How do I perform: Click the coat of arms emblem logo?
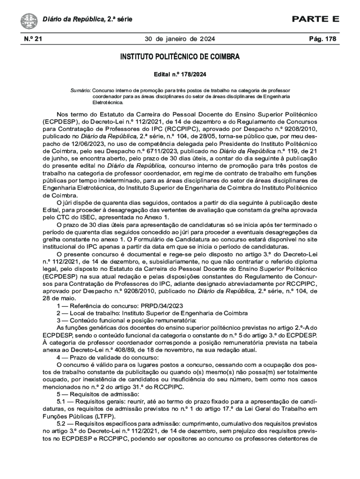coord(29,21)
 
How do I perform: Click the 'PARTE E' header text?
coord(316,19)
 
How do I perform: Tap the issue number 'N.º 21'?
coord(32,39)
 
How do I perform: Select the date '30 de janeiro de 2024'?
coord(180,39)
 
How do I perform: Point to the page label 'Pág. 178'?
coord(323,39)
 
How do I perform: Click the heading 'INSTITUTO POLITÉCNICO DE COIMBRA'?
coord(180,57)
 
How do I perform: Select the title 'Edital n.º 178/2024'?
coord(180,74)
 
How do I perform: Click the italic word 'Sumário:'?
coord(80,89)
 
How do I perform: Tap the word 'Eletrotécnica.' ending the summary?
coord(108,102)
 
